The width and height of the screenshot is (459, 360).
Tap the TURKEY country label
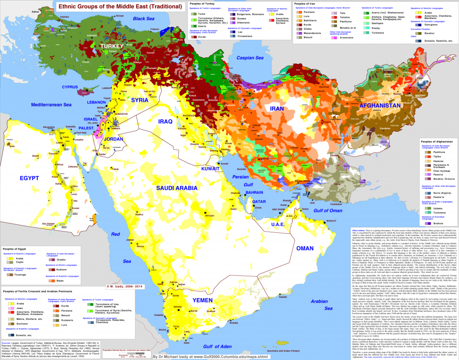(111, 47)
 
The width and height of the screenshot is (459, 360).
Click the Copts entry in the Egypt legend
(20, 263)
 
